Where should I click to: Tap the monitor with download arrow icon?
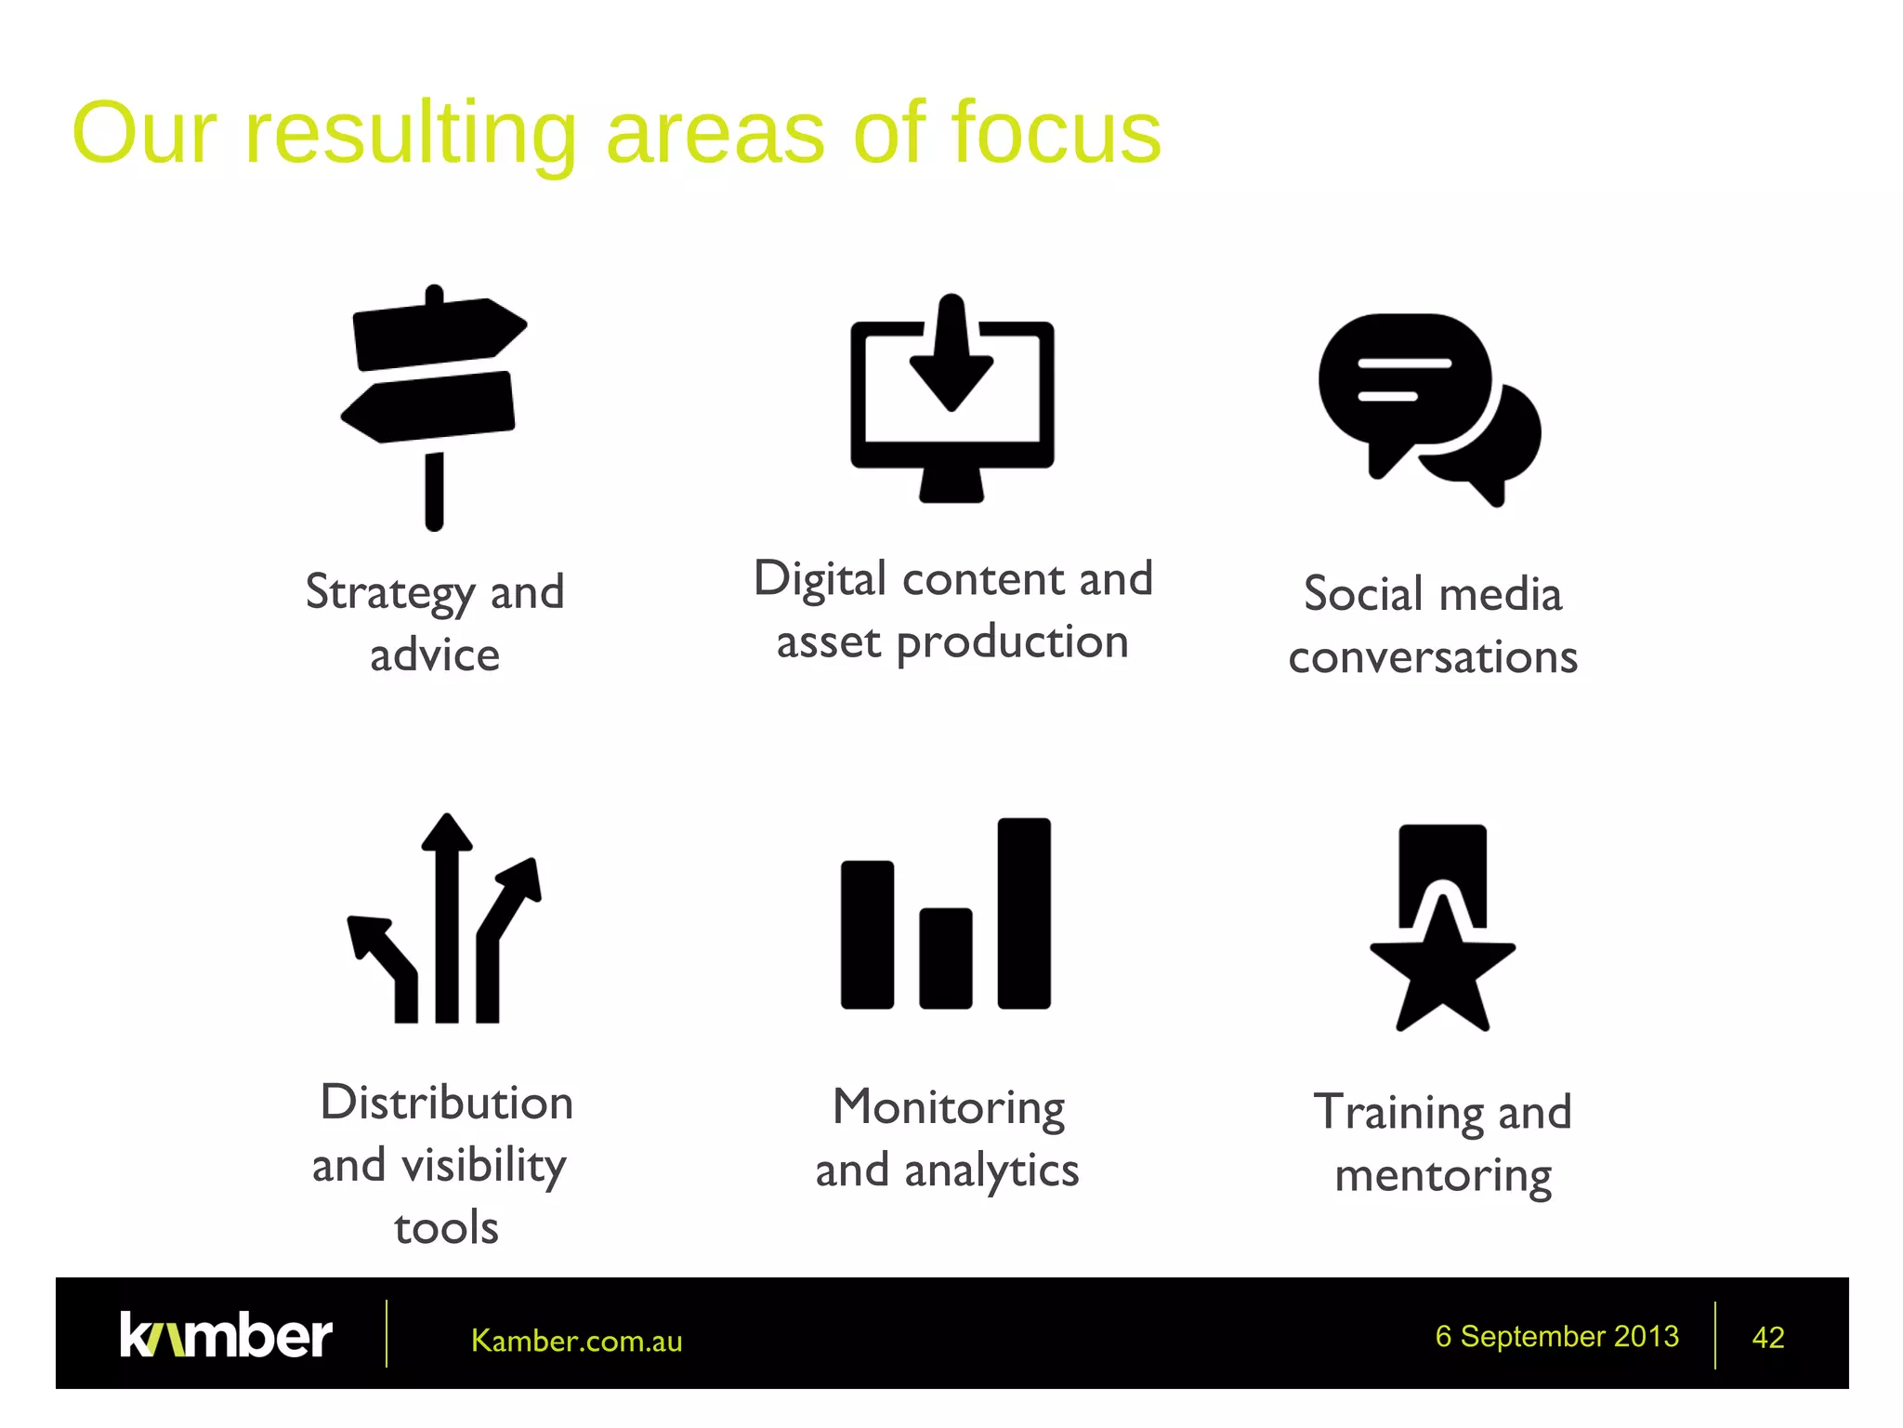click(951, 400)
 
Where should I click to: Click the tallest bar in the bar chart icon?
click(1024, 913)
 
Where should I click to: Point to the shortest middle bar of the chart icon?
click(945, 958)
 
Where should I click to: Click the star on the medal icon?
click(1442, 972)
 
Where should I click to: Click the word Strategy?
click(389, 593)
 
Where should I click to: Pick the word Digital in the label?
click(820, 580)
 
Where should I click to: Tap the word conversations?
click(1433, 657)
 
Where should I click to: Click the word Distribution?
click(446, 1103)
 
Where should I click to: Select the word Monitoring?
click(948, 1108)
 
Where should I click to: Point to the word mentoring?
click(1442, 1176)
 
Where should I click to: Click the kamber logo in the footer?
click(226, 1336)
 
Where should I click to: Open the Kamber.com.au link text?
click(576, 1341)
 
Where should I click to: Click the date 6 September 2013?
click(1556, 1336)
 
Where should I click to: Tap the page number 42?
click(1767, 1338)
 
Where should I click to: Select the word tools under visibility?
click(446, 1228)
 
